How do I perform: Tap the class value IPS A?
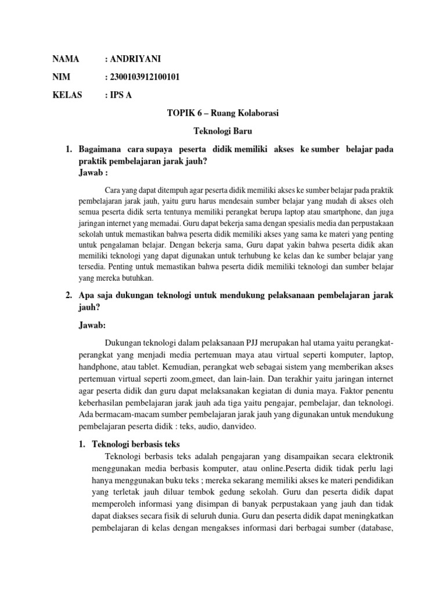coord(120,95)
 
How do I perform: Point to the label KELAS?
coord(68,95)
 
